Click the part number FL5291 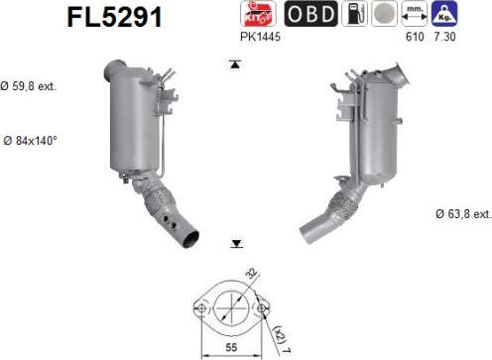click(x=115, y=17)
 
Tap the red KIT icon click(x=258, y=14)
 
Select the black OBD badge click(x=310, y=14)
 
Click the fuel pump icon click(x=354, y=14)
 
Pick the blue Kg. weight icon click(x=444, y=14)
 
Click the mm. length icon click(x=415, y=14)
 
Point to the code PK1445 click(x=260, y=37)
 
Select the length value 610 click(x=415, y=37)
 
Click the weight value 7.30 click(x=444, y=37)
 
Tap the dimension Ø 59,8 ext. click(x=29, y=86)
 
